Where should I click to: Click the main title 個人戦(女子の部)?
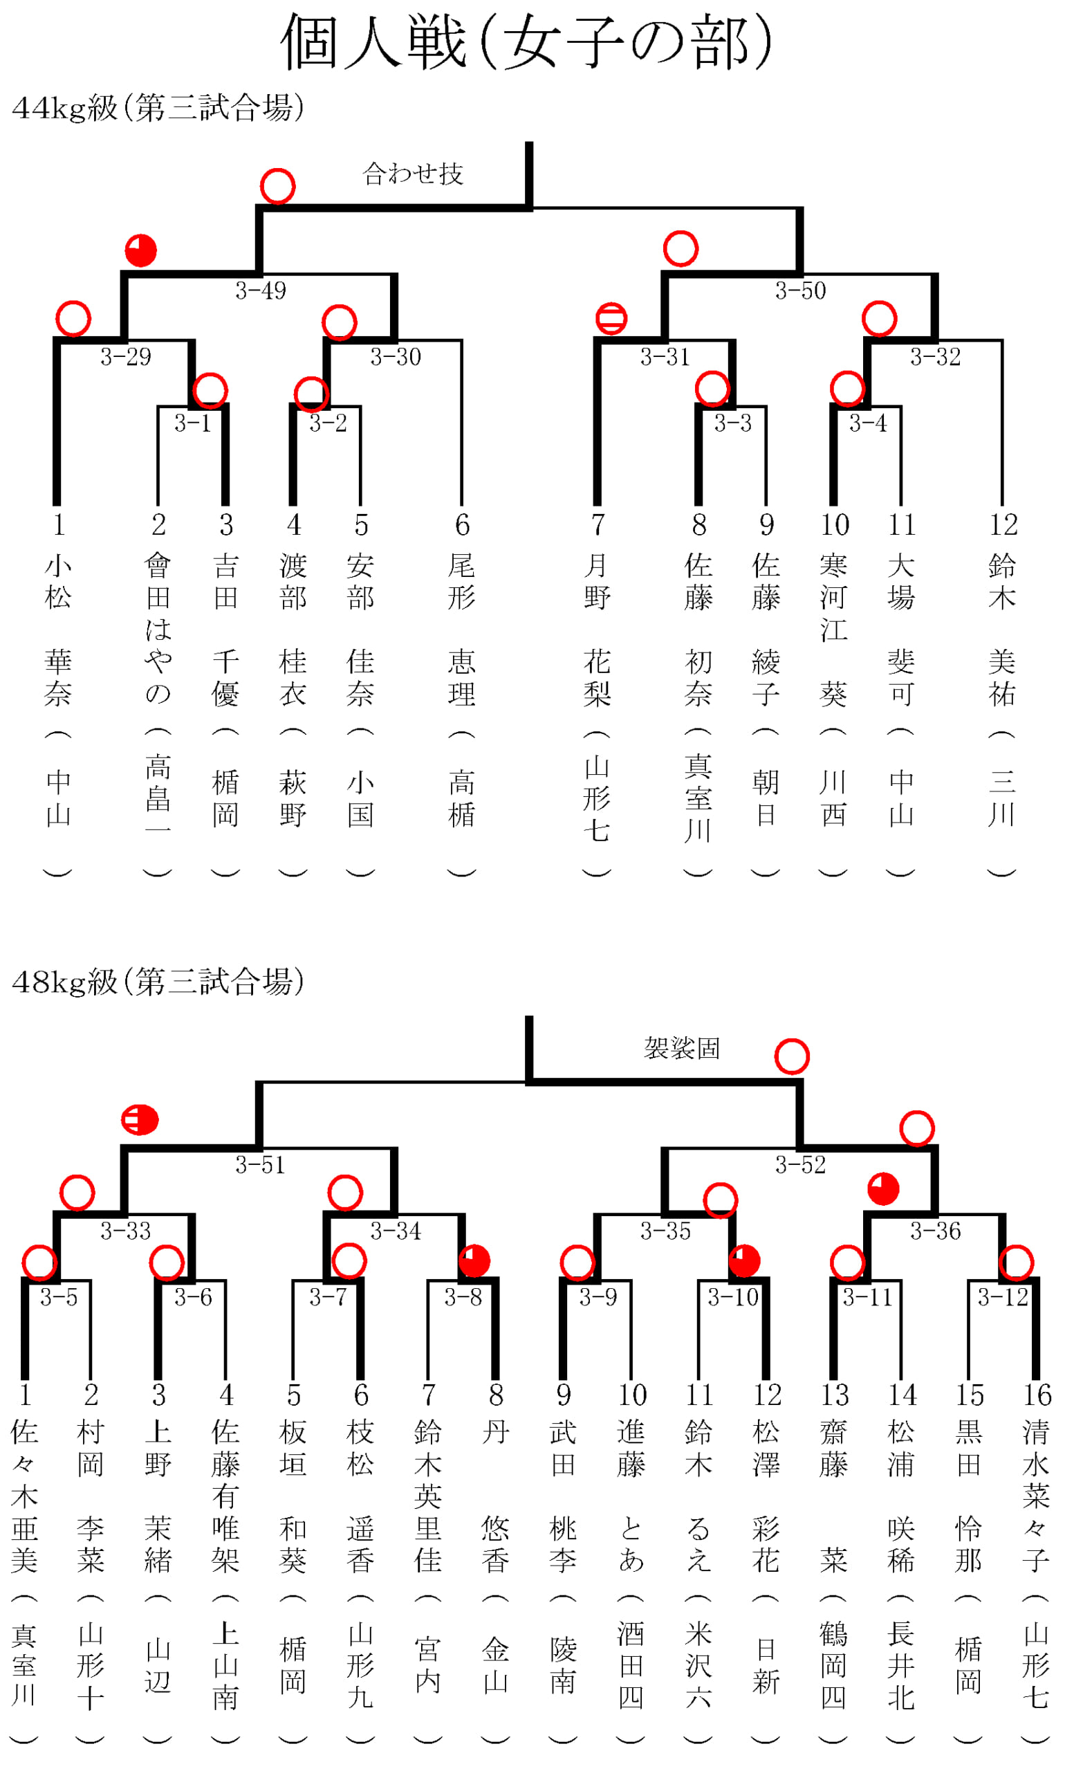[526, 42]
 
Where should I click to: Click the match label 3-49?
[260, 291]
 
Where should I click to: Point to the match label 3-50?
[800, 291]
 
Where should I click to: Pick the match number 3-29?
[126, 356]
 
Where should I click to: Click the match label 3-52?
[800, 1164]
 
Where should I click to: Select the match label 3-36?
[936, 1231]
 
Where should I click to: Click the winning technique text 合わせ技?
[413, 173]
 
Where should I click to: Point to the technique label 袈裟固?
[682, 1048]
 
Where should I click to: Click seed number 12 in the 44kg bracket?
[1003, 524]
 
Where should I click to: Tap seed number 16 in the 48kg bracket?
[1037, 1395]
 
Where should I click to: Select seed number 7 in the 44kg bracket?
[598, 524]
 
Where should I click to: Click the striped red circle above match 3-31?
[611, 318]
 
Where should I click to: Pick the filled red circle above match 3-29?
[141, 250]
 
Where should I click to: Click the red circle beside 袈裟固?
[792, 1056]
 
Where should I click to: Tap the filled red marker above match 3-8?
[474, 1260]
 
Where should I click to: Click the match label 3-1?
[192, 423]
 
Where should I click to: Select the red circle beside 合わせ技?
[277, 187]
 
